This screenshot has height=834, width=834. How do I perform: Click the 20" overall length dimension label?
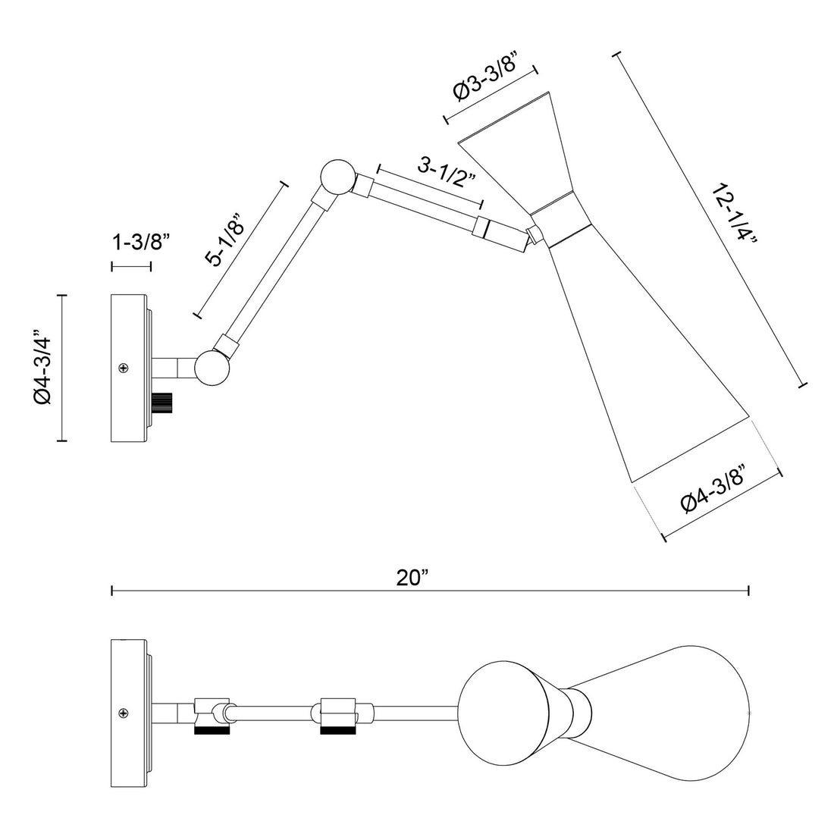coord(412,578)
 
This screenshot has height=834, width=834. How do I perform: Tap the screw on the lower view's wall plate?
coord(123,713)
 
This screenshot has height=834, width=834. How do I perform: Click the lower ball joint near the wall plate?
coord(212,367)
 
